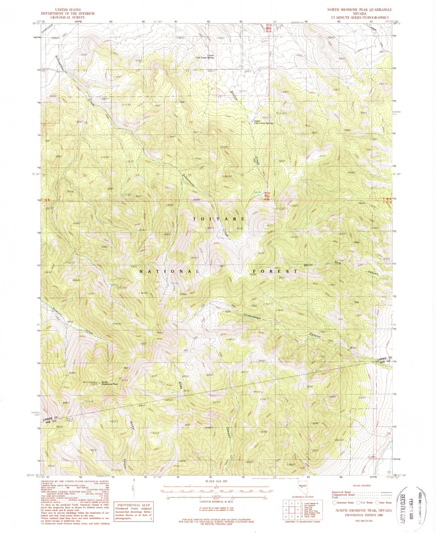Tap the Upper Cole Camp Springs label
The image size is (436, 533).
pos(263,122)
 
